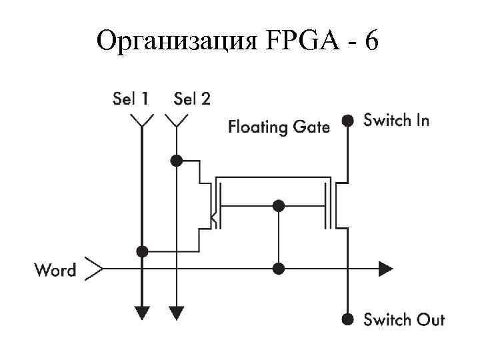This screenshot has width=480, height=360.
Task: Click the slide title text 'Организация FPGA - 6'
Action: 239,41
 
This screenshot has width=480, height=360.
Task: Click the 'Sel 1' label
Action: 130,99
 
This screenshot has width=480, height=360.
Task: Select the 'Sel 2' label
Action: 192,99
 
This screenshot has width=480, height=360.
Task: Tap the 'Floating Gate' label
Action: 279,126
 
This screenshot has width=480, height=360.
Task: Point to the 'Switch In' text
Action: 396,121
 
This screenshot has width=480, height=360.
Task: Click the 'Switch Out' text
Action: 403,319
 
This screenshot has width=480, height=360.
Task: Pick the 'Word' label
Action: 55,270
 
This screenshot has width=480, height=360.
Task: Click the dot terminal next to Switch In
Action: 347,121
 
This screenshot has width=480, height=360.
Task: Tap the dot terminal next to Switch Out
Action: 347,319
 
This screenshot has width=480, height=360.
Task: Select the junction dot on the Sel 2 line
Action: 176,160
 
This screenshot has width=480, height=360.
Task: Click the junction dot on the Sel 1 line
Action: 141,251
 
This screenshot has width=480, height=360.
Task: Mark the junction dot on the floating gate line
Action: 279,205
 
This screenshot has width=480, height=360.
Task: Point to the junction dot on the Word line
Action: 279,269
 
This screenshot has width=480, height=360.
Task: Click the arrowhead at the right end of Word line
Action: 385,269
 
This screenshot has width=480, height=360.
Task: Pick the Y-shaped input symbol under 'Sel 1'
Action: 141,121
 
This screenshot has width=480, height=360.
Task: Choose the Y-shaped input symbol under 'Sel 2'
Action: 176,121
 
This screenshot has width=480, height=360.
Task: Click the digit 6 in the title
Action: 371,41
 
